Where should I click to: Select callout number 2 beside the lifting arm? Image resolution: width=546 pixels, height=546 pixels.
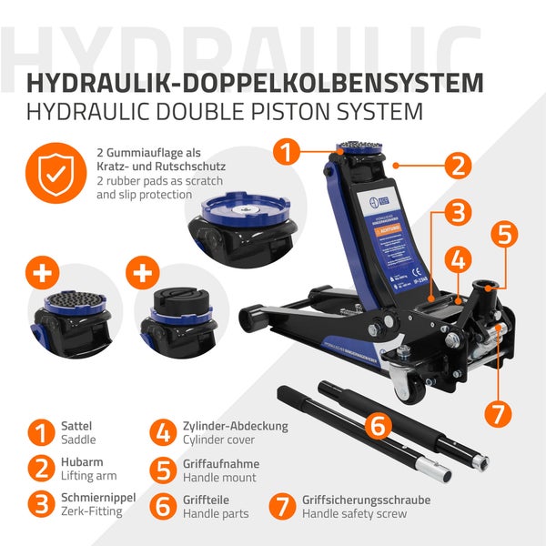click(458, 166)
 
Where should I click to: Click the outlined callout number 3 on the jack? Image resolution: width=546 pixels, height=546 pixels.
click(458, 213)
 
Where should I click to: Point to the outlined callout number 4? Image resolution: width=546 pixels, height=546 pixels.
click(504, 234)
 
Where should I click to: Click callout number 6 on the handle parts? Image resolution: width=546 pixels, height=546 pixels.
click(497, 413)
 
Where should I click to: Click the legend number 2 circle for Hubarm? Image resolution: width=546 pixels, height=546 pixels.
click(40, 469)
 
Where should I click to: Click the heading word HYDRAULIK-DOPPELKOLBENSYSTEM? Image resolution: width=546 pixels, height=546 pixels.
click(255, 83)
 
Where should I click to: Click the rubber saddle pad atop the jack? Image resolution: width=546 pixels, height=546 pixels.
click(360, 147)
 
